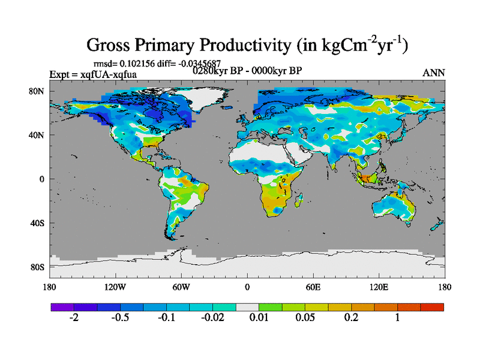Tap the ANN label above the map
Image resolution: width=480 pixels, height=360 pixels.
(x=434, y=73)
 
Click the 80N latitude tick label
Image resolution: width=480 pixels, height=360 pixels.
(x=38, y=91)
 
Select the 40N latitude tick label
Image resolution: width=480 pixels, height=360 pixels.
(x=38, y=135)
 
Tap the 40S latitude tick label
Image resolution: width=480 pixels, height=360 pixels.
(x=38, y=223)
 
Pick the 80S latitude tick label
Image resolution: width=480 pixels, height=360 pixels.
(x=38, y=267)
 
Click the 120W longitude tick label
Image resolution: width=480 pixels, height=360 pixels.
(x=115, y=286)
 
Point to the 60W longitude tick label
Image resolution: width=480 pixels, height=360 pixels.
(x=181, y=286)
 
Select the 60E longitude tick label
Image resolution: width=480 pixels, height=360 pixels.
(x=313, y=286)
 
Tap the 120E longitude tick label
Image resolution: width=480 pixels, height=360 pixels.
(x=379, y=286)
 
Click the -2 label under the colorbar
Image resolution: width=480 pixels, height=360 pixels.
(x=74, y=318)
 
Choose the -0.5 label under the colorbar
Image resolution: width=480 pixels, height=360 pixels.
(x=120, y=318)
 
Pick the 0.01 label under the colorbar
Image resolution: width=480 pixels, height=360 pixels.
(x=259, y=318)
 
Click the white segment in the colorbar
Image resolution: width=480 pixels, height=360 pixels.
(x=247, y=307)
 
